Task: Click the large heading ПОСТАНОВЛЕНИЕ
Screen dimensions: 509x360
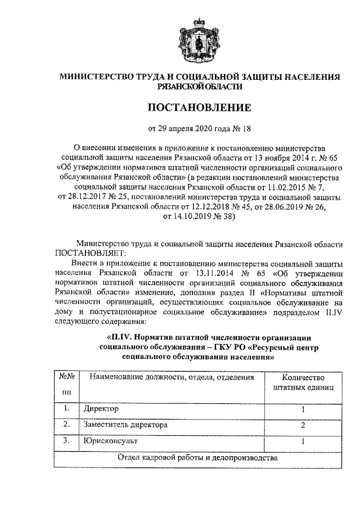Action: pos(200,107)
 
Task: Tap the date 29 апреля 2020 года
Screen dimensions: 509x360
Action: pos(191,127)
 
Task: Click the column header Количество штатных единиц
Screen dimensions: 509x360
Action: pos(303,382)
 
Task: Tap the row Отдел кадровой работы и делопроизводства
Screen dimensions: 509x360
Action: pos(197,458)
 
